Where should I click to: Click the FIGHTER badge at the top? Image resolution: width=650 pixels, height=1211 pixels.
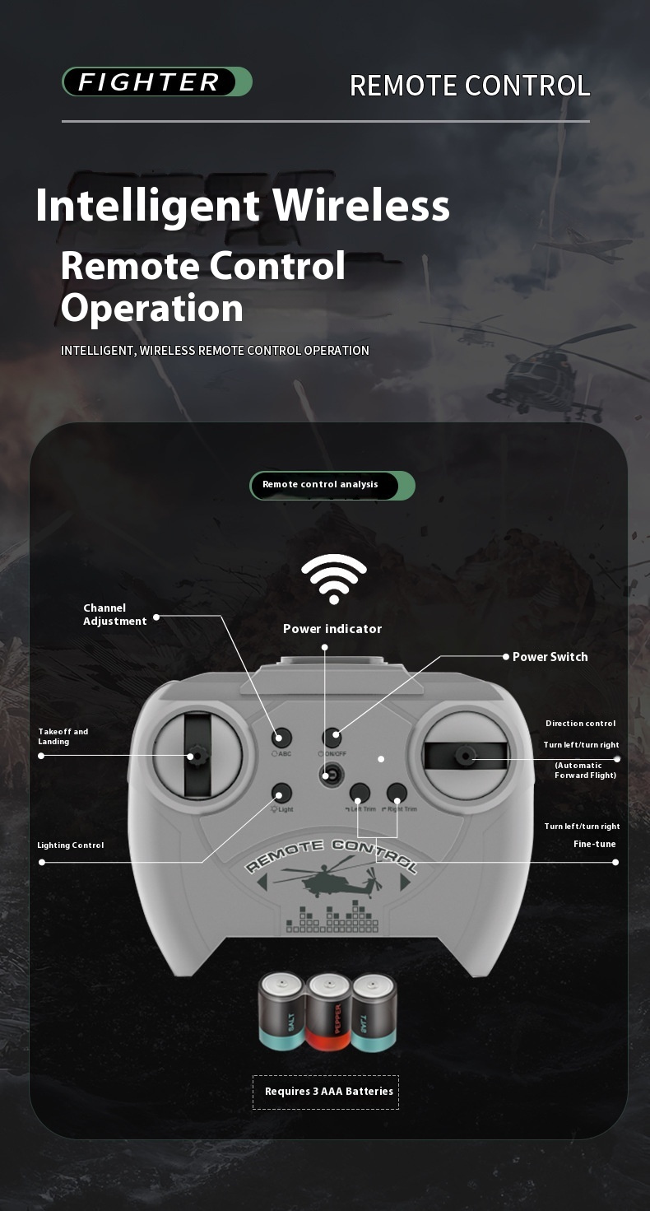tap(156, 82)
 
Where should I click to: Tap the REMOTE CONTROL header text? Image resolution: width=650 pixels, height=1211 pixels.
tap(470, 86)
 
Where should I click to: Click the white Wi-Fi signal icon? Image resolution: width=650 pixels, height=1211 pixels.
tap(334, 579)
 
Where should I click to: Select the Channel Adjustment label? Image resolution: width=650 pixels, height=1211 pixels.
tap(114, 615)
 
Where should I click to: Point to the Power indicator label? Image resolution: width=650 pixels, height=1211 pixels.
tap(332, 629)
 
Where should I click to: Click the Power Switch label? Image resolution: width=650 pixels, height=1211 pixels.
tap(550, 657)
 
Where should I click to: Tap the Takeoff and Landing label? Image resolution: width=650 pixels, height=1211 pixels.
tap(63, 736)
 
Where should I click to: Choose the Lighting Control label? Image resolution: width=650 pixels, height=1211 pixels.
tap(70, 845)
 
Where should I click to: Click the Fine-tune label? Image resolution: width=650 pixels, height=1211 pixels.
tap(594, 844)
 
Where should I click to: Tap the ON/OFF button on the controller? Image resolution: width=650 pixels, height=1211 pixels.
tap(332, 738)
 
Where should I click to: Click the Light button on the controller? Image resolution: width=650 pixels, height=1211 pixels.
tap(281, 793)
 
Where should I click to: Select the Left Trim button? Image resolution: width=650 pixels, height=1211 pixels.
tap(360, 794)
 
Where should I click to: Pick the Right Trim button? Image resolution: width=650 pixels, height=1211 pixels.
tap(397, 794)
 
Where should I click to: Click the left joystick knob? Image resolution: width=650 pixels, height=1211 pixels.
tap(198, 755)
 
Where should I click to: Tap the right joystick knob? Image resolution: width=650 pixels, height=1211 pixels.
tap(465, 755)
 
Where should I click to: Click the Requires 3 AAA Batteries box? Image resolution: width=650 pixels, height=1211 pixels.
tap(326, 1092)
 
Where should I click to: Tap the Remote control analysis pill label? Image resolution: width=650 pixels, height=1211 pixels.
tap(332, 485)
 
